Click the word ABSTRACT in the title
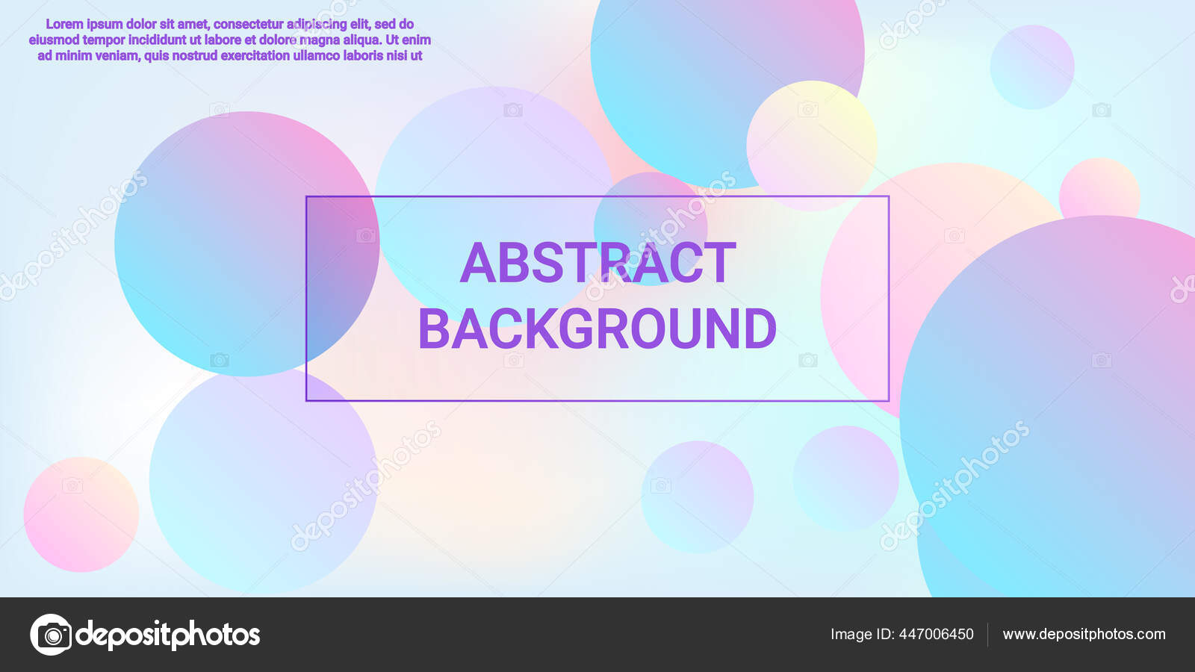click(597, 263)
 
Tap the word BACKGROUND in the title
click(597, 329)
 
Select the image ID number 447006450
click(936, 634)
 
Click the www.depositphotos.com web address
click(1084, 634)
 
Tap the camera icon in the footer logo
click(52, 635)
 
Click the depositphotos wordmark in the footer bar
click(168, 635)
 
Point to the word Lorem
click(64, 24)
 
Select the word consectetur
click(248, 24)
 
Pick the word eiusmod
click(54, 40)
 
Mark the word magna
click(320, 40)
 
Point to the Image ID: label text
click(862, 634)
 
